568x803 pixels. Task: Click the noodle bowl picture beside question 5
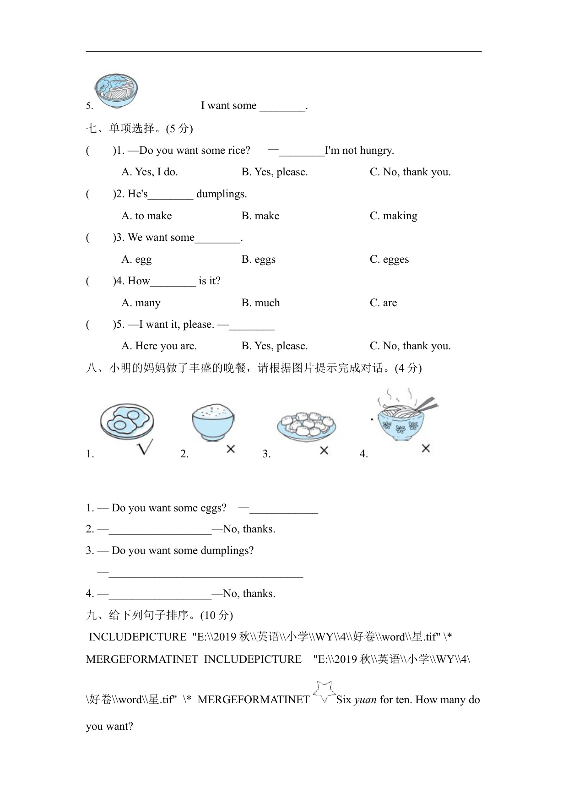click(116, 91)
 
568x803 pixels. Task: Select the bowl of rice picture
click(213, 422)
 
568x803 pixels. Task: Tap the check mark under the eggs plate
click(145, 447)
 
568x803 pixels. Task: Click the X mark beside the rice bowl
click(231, 449)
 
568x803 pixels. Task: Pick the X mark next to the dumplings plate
click(324, 450)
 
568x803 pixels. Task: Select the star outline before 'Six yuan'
click(324, 692)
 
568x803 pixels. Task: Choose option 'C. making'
click(393, 216)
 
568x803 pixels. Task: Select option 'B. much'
click(260, 303)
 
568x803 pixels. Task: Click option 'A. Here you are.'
click(159, 346)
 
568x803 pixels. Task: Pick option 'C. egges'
click(389, 260)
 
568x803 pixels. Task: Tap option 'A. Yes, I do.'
click(149, 172)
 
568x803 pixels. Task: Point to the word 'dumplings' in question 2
click(222, 194)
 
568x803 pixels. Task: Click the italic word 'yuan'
click(365, 700)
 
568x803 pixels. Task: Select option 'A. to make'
click(146, 216)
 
